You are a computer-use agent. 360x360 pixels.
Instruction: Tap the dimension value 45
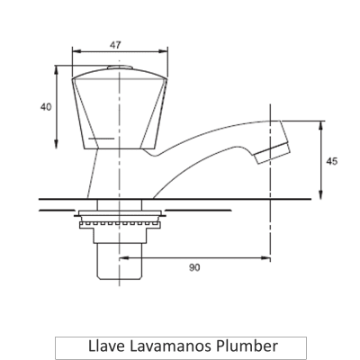tap(332, 162)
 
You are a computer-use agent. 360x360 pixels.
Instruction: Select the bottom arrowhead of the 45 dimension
tap(319, 196)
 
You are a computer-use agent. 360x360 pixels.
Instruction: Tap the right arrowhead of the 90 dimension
tap(266, 257)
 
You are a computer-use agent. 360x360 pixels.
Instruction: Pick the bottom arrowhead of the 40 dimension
tap(58, 148)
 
